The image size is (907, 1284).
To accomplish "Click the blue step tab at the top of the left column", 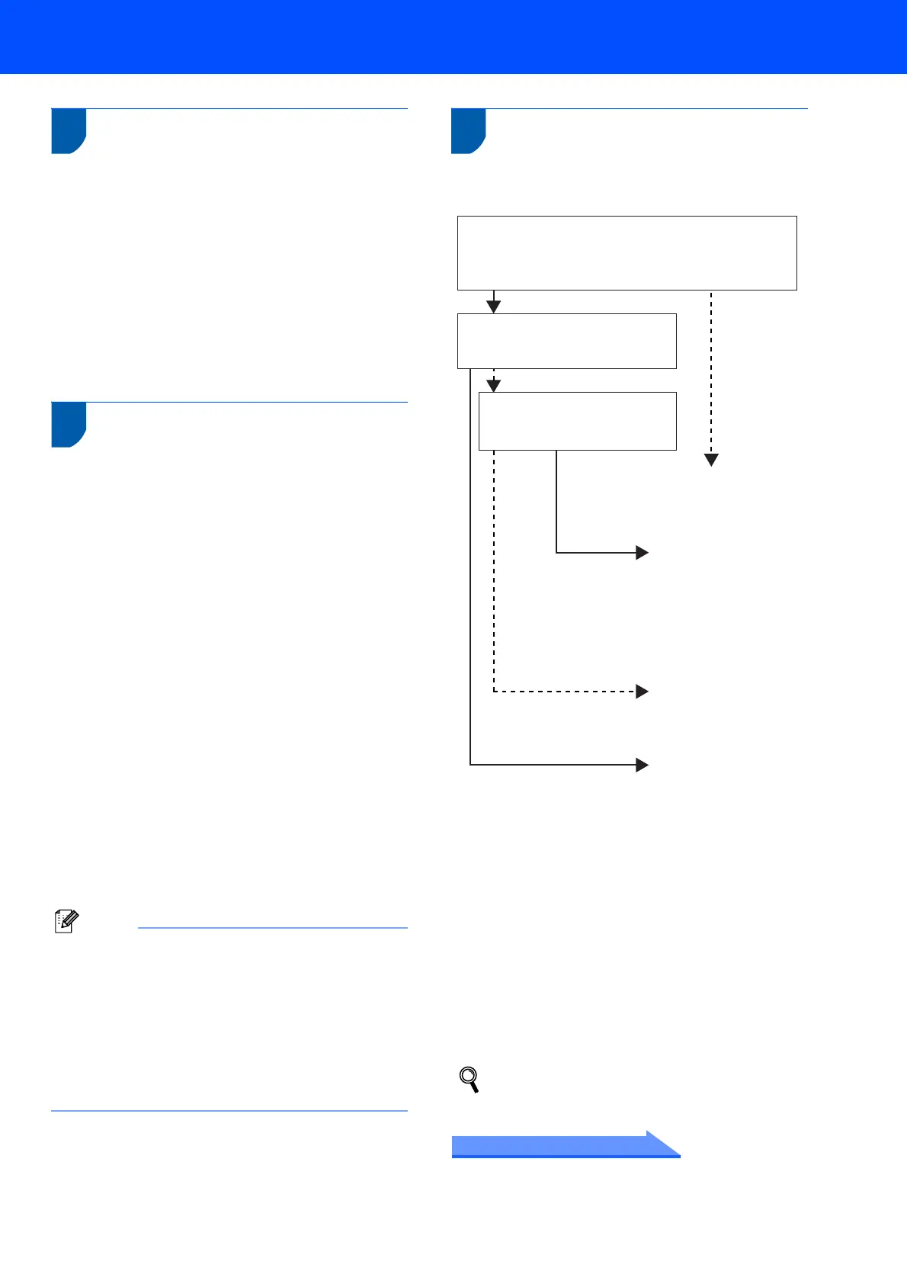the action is pyautogui.click(x=68, y=131).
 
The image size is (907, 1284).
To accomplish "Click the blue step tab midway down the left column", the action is pyautogui.click(x=68, y=424).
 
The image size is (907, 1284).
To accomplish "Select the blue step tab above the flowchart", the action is pyautogui.click(x=468, y=131).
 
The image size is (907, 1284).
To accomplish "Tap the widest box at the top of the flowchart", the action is pyautogui.click(x=627, y=252).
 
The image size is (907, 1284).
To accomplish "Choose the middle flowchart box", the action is pyautogui.click(x=566, y=341).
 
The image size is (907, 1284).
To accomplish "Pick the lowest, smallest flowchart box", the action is pyautogui.click(x=577, y=421).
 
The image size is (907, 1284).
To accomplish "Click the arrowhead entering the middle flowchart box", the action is pyautogui.click(x=494, y=307).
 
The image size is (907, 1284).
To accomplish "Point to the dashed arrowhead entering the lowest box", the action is pyautogui.click(x=494, y=386).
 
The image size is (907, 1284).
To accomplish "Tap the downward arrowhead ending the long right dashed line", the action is pyautogui.click(x=711, y=460).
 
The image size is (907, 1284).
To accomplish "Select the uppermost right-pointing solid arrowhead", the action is pyautogui.click(x=642, y=553).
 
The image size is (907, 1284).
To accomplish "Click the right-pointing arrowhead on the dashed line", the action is pyautogui.click(x=642, y=692).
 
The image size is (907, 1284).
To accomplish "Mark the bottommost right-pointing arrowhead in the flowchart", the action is pyautogui.click(x=642, y=765).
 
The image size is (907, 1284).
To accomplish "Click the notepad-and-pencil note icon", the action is pyautogui.click(x=66, y=921).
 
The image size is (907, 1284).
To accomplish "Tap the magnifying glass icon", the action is pyautogui.click(x=470, y=1080).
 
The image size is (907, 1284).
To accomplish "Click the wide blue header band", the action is pyautogui.click(x=453, y=37).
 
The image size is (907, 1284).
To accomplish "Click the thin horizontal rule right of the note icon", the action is pyautogui.click(x=273, y=928).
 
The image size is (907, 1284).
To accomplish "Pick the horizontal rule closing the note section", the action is pyautogui.click(x=229, y=1111).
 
